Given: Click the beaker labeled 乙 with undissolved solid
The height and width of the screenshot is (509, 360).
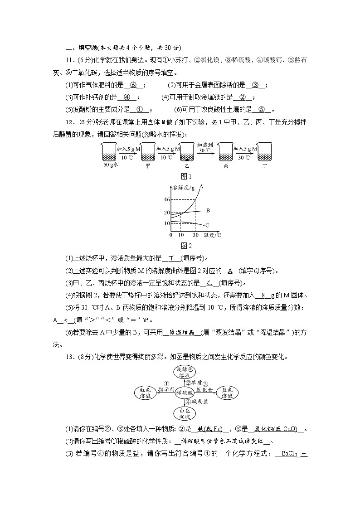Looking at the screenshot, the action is pyautogui.click(x=185, y=153).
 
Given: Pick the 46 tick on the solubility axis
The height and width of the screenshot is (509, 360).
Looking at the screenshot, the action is pyautogui.click(x=166, y=199).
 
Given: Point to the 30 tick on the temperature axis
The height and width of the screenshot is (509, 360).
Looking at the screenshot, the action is pyautogui.click(x=195, y=235).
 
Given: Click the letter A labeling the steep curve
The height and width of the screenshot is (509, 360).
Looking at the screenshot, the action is pyautogui.click(x=201, y=187).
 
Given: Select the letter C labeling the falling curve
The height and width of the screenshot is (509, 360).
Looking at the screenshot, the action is pyautogui.click(x=207, y=225).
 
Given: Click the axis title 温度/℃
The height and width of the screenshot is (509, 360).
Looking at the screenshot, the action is pyautogui.click(x=212, y=235).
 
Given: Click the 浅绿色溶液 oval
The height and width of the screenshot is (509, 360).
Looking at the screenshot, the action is pyautogui.click(x=184, y=373).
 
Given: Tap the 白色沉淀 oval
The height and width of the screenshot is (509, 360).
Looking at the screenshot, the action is pyautogui.click(x=184, y=412).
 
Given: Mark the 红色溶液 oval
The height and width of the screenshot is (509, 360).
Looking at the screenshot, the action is pyautogui.click(x=145, y=393).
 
